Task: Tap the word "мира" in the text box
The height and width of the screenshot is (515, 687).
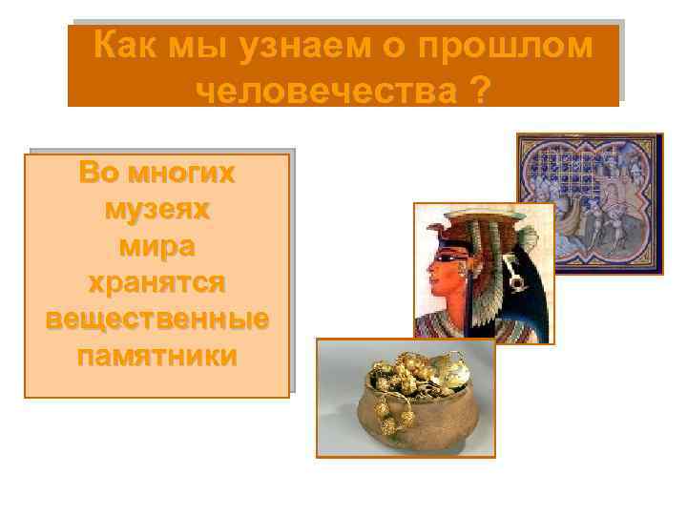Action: pyautogui.click(x=156, y=246)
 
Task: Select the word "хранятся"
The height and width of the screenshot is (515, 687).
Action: pyautogui.click(x=156, y=283)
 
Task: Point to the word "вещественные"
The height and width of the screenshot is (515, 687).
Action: pyautogui.click(x=156, y=320)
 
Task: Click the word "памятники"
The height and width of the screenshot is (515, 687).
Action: pyautogui.click(x=156, y=357)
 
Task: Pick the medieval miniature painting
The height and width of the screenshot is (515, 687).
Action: pyautogui.click(x=590, y=203)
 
